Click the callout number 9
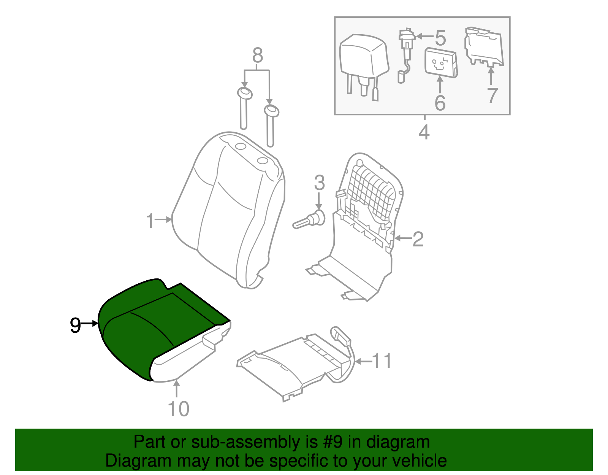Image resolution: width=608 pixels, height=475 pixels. (x=75, y=326)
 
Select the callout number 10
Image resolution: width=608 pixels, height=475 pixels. (x=178, y=409)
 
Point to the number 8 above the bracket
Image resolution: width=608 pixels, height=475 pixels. (x=257, y=56)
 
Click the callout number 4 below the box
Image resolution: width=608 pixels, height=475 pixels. (x=424, y=132)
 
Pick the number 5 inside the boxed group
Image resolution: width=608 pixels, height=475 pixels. (x=440, y=38)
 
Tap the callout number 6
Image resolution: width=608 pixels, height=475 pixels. (x=440, y=103)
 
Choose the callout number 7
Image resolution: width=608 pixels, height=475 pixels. (x=492, y=95)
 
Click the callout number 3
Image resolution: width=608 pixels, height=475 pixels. (x=319, y=183)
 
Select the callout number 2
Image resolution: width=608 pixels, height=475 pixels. (x=418, y=239)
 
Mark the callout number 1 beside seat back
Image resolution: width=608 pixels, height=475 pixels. (x=150, y=221)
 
